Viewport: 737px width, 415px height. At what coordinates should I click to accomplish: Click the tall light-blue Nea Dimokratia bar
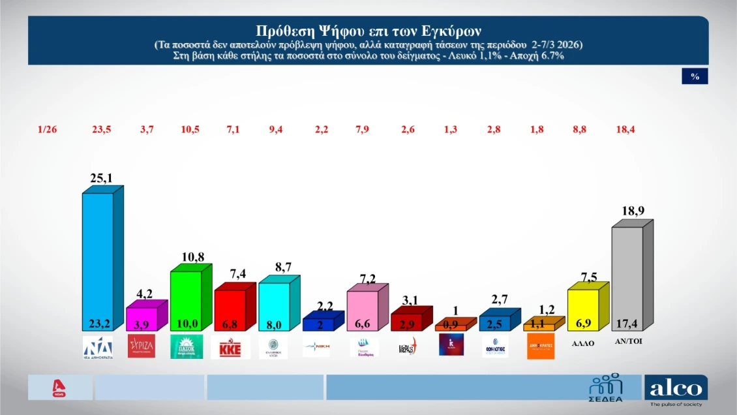[98, 261]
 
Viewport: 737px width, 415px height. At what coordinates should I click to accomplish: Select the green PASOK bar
[186, 300]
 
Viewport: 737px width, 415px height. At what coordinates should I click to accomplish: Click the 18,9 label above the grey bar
[633, 211]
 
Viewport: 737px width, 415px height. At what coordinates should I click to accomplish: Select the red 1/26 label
[48, 129]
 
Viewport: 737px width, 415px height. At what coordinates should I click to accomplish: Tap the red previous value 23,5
[102, 129]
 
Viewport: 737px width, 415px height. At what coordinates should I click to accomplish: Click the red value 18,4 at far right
[624, 129]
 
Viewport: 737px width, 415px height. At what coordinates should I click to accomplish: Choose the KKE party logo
[230, 346]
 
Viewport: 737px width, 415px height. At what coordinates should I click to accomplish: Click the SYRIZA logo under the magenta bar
[142, 346]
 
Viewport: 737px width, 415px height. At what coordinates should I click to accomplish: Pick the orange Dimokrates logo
[541, 346]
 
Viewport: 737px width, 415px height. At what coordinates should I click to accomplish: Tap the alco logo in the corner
[676, 390]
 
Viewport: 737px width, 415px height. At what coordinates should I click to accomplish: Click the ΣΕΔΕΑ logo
[606, 388]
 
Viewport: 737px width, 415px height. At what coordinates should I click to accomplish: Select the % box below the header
[695, 76]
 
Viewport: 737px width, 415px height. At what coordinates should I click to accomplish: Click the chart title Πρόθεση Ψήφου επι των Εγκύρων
[368, 31]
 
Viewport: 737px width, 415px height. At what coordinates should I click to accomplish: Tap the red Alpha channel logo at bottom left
[60, 388]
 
